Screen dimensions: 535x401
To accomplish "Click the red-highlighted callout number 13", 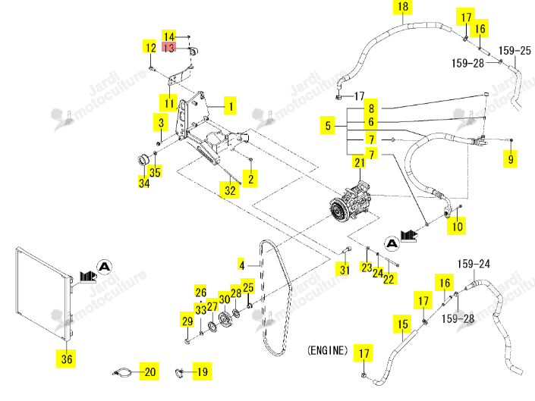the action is [x=169, y=47].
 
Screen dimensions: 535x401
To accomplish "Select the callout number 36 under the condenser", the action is [x=67, y=359].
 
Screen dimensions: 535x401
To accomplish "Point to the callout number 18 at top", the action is [x=403, y=7].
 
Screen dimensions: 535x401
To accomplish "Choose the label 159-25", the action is [x=515, y=51].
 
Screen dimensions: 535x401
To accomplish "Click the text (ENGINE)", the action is [x=327, y=350].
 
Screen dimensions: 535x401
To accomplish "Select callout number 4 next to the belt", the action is [x=242, y=265].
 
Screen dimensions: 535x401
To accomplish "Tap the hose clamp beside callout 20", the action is [x=122, y=372].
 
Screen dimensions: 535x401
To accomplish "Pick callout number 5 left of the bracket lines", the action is [x=328, y=125].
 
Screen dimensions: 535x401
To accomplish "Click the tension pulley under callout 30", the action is [x=225, y=319].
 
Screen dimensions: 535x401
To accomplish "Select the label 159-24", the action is [x=474, y=264].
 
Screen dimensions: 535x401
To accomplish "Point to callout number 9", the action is [x=511, y=158].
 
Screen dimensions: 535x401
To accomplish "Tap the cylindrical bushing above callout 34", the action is [x=143, y=159].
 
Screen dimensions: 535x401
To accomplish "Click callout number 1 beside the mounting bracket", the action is [x=231, y=106].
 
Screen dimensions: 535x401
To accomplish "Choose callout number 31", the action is [x=345, y=270].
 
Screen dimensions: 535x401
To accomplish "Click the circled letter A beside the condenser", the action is [x=105, y=266].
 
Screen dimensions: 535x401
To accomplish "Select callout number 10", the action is [x=457, y=226].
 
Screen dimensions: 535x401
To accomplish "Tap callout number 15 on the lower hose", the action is [x=403, y=324].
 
